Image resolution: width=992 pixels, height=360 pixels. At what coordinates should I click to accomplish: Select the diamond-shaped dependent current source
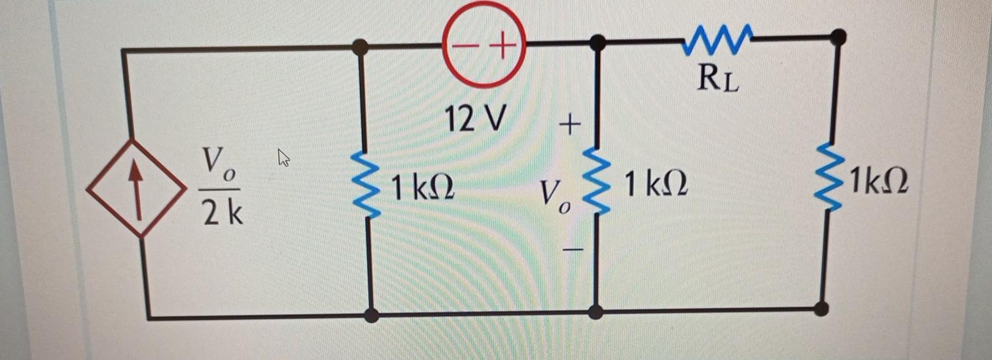tap(136, 189)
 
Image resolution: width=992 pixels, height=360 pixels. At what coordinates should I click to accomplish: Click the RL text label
tap(718, 79)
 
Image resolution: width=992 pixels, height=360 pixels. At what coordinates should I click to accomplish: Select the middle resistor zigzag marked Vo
tap(597, 181)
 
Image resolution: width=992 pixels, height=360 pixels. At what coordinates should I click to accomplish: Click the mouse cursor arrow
tap(283, 158)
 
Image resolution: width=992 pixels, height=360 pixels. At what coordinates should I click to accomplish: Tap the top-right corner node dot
tap(838, 37)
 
